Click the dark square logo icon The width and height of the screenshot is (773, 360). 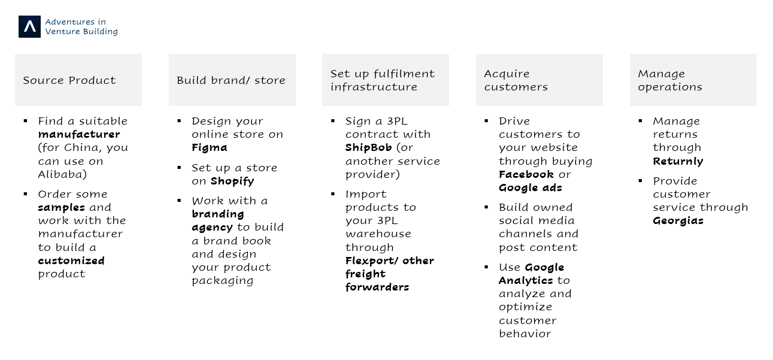click(x=29, y=26)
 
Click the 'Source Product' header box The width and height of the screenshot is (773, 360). click(x=78, y=80)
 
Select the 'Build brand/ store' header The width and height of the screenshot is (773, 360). click(x=232, y=80)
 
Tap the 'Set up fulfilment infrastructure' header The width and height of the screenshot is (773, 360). click(x=386, y=80)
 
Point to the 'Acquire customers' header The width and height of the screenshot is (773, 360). click(x=539, y=80)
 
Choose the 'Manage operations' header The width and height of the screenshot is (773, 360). click(x=693, y=80)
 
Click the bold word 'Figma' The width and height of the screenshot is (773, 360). click(x=210, y=148)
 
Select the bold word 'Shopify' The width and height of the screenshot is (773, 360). click(x=232, y=181)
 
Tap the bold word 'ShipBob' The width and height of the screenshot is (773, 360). click(x=369, y=148)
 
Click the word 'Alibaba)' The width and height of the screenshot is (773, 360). click(x=62, y=174)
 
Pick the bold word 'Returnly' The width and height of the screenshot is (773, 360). click(x=678, y=161)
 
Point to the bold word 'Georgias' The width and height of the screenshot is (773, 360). click(x=678, y=221)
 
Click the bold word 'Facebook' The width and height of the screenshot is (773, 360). click(x=526, y=174)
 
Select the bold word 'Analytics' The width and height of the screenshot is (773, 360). click(x=526, y=280)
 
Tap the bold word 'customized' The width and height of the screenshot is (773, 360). click(x=71, y=261)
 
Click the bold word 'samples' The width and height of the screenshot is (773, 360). click(x=62, y=207)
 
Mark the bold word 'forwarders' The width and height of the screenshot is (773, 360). click(x=377, y=287)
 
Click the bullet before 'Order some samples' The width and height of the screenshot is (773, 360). click(x=26, y=194)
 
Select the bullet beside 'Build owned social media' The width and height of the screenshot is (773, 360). click(x=486, y=207)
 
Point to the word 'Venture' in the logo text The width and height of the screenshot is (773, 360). click(x=60, y=31)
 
